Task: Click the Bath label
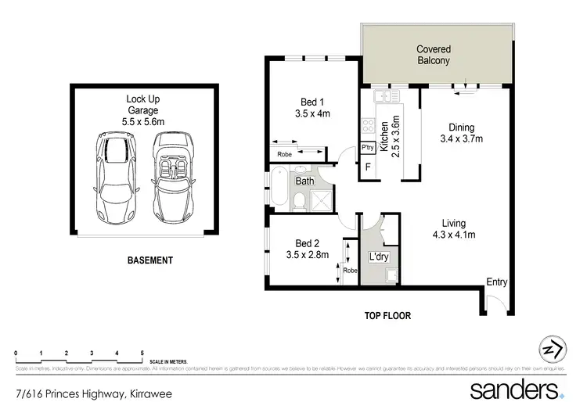click(304, 181)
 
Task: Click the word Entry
click(496, 282)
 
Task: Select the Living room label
click(454, 222)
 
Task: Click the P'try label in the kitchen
click(366, 147)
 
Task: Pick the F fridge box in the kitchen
click(367, 167)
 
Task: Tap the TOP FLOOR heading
click(387, 316)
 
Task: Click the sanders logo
click(517, 389)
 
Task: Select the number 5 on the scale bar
click(142, 354)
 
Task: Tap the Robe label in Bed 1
click(284, 154)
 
